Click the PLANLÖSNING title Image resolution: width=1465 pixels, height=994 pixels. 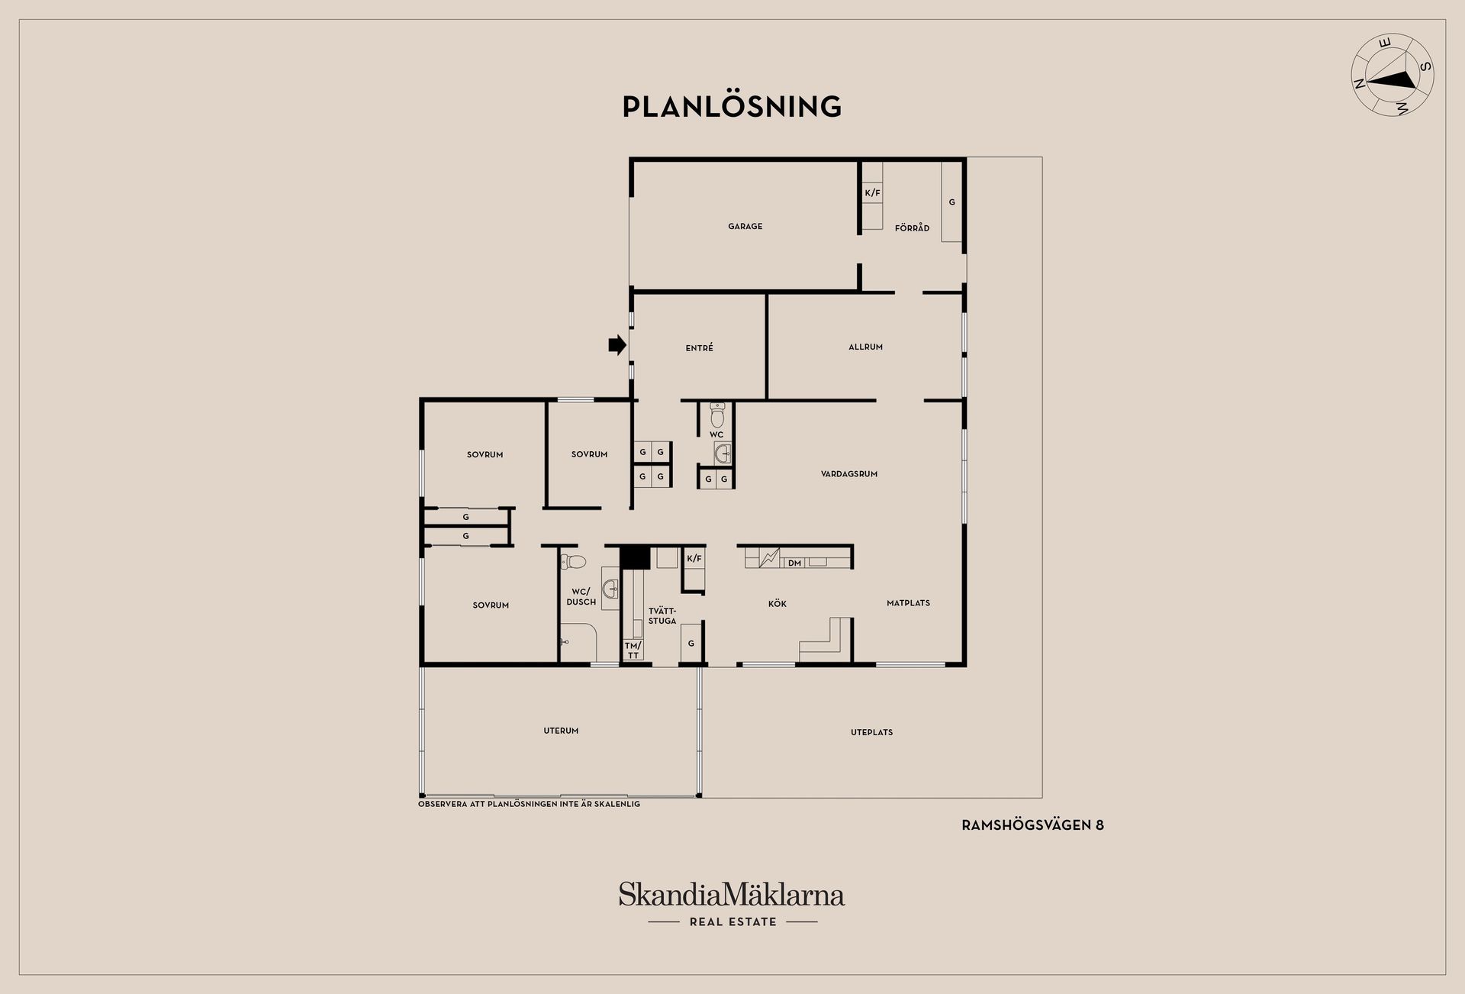pos(732,107)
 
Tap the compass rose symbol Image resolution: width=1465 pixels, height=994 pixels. pos(1393,85)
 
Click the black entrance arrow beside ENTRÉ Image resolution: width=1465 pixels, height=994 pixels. pos(617,346)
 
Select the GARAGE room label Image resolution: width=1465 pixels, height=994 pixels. pos(745,226)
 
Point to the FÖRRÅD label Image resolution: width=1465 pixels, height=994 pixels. pos(912,228)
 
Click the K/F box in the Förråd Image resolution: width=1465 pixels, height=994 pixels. pos(872,193)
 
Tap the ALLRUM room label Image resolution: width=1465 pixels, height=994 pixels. pos(865,347)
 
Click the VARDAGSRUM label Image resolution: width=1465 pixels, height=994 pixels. pos(849,474)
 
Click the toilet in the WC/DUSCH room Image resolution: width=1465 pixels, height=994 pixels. pos(573,563)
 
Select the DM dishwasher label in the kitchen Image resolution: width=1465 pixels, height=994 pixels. pos(794,563)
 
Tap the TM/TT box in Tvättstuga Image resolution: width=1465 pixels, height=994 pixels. pos(633,650)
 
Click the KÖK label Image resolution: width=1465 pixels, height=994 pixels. pos(777,604)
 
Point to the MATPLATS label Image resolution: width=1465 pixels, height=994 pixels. pos(908,603)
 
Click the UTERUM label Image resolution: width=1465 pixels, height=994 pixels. pos(561,731)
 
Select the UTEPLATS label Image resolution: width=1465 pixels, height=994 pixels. pos(871,732)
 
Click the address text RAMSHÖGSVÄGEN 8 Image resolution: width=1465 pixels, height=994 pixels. pos(1032,825)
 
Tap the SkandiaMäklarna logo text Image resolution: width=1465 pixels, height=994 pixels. pos(732,894)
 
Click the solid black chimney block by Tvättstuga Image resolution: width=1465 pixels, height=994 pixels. pos(633,558)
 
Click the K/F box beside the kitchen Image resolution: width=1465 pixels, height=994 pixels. pos(694,559)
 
